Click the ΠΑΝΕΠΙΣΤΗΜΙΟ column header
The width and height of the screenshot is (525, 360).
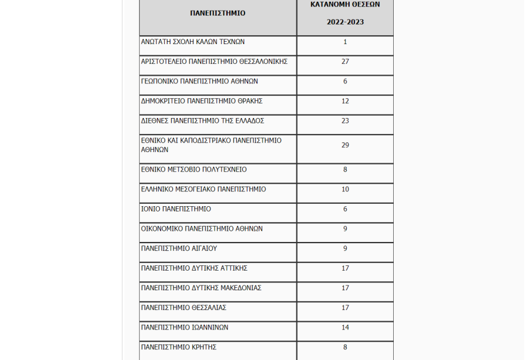218,13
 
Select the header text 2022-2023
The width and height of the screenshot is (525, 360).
345,22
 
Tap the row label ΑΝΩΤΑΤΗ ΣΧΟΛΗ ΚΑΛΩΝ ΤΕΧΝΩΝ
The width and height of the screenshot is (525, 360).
193,42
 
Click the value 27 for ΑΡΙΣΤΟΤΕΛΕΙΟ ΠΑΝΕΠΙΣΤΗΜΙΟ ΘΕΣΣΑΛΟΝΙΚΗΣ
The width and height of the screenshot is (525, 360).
345,62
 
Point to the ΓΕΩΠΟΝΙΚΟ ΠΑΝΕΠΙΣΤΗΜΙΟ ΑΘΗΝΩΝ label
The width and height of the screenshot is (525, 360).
199,82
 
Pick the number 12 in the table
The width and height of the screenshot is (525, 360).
345,101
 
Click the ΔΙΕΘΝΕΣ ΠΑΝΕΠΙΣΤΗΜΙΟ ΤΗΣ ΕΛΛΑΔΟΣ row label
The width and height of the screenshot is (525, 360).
202,121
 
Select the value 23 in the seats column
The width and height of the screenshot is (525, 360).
345,121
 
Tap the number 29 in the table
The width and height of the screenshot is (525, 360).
345,145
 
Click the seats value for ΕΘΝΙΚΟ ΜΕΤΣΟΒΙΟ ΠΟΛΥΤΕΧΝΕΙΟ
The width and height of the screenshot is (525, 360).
345,170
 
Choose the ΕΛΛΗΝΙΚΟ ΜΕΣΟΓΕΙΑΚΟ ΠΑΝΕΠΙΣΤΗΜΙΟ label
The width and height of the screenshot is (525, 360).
203,190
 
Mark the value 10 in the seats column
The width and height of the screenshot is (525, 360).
345,190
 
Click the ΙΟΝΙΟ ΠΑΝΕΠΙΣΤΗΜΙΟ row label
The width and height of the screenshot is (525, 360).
176,209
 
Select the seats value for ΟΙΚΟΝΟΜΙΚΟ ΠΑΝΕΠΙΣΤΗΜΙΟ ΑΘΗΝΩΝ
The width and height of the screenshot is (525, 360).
345,229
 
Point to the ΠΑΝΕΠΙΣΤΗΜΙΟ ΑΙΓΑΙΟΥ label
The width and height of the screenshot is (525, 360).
179,249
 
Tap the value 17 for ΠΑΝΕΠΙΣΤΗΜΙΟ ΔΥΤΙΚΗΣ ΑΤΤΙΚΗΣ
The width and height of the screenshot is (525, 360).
345,268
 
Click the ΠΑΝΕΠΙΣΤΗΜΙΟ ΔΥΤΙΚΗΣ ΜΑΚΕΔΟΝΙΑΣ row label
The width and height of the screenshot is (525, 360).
201,288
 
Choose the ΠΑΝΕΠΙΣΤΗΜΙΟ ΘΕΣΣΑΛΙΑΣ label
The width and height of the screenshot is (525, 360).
184,308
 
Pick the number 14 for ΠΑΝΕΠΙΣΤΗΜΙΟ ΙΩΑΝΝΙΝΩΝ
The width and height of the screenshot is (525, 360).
345,327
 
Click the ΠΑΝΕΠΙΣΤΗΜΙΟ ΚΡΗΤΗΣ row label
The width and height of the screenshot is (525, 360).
178,347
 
